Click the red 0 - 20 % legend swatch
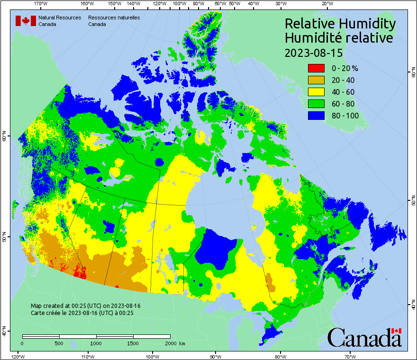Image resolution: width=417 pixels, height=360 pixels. (x=316, y=68)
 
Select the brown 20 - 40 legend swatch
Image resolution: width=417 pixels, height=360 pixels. (x=316, y=80)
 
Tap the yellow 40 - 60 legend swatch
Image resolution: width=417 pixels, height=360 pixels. (x=316, y=92)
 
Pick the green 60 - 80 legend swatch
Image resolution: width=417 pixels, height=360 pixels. (x=316, y=104)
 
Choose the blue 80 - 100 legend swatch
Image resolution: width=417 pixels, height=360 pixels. (x=316, y=116)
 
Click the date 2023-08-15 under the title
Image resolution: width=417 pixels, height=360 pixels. (x=313, y=53)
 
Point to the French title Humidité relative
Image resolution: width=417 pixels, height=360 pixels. (x=338, y=38)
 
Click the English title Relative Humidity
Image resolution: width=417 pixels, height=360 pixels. (x=339, y=24)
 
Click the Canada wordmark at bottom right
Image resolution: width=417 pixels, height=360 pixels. (x=364, y=337)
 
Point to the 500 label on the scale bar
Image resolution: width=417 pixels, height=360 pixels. (x=59, y=343)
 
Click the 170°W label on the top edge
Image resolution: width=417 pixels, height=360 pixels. (x=41, y=4)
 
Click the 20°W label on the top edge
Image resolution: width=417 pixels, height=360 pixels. (x=326, y=4)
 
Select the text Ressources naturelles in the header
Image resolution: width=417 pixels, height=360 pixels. (x=114, y=18)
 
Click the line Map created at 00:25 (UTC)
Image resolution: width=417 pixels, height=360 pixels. (x=85, y=306)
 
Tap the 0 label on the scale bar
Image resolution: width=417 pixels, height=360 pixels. (x=22, y=343)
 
